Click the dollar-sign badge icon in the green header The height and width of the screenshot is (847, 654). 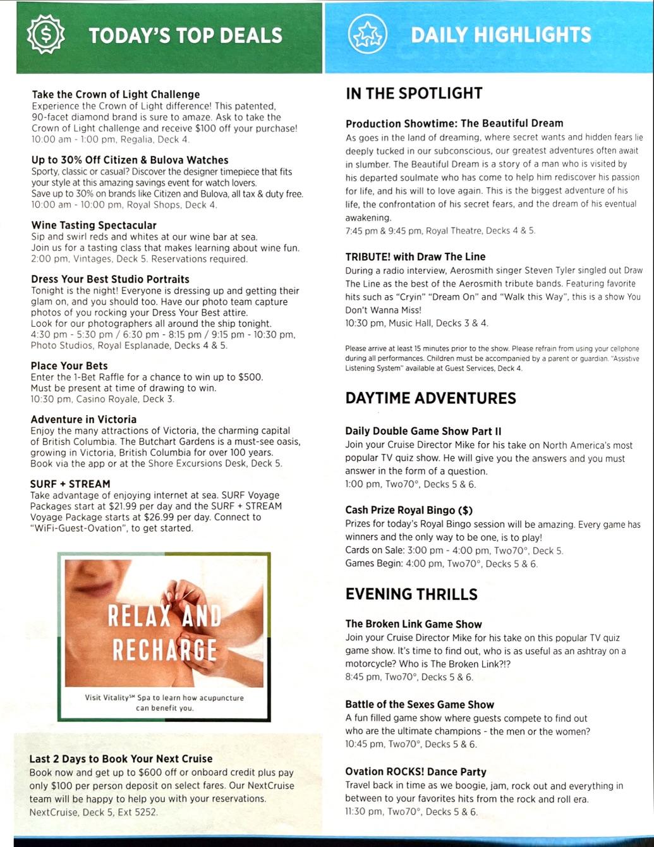pyautogui.click(x=45, y=36)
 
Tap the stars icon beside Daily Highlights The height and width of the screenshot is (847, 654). pyautogui.click(x=367, y=35)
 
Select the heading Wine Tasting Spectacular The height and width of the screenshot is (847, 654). pyautogui.click(x=94, y=225)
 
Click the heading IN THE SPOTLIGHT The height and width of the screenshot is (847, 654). pyautogui.click(x=414, y=94)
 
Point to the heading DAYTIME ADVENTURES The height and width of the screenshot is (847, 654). pyautogui.click(x=430, y=398)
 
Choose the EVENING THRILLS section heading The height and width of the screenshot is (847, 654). pyautogui.click(x=411, y=594)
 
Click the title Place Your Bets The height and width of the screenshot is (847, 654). pyautogui.click(x=69, y=365)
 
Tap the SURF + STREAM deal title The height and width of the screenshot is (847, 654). pyautogui.click(x=70, y=484)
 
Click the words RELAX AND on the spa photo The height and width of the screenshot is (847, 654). pyautogui.click(x=164, y=615)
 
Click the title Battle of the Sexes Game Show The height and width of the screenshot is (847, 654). pyautogui.click(x=420, y=704)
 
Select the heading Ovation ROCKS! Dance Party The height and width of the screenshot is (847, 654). pyautogui.click(x=416, y=771)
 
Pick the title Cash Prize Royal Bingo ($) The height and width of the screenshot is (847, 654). pyautogui.click(x=409, y=510)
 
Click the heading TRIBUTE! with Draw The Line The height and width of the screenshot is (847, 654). pyautogui.click(x=415, y=257)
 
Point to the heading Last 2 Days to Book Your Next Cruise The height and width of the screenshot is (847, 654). pyautogui.click(x=121, y=759)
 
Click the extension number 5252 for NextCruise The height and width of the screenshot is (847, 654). pyautogui.click(x=145, y=812)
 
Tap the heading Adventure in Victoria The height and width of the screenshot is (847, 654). pyautogui.click(x=83, y=419)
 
